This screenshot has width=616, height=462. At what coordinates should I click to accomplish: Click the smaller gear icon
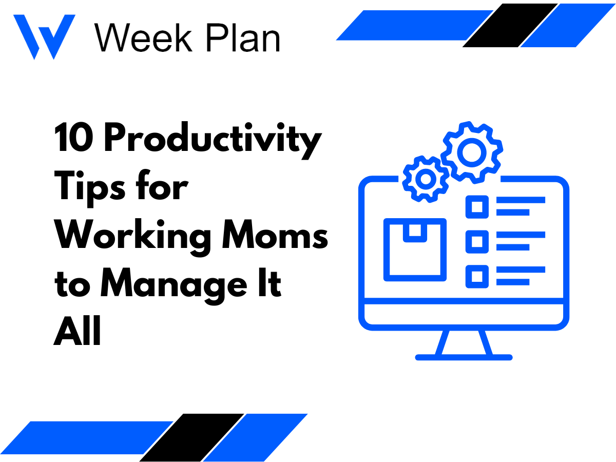(426, 178)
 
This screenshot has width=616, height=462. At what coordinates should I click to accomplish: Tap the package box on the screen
(415, 249)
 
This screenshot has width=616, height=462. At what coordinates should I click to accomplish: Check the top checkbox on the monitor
(477, 206)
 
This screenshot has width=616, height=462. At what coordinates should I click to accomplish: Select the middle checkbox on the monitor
(477, 241)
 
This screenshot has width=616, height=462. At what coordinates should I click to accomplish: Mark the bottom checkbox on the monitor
(477, 276)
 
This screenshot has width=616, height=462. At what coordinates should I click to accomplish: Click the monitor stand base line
(464, 357)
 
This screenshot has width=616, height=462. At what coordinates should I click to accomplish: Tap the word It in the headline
(272, 284)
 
